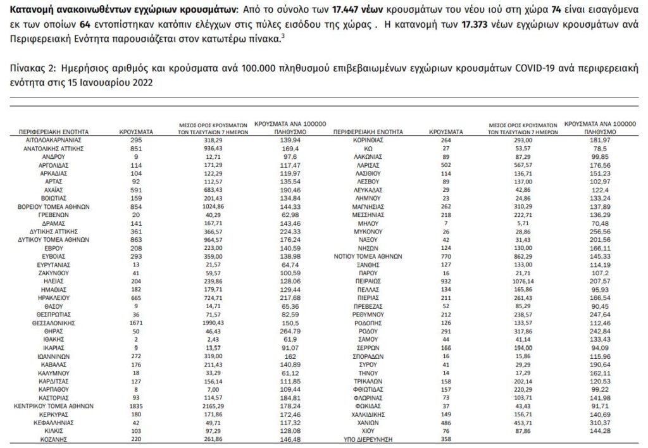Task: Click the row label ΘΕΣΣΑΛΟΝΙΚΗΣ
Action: tap(49, 322)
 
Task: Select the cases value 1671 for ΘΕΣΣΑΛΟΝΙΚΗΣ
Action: tap(134, 322)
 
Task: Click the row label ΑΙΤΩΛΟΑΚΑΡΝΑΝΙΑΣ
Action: tap(49, 139)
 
